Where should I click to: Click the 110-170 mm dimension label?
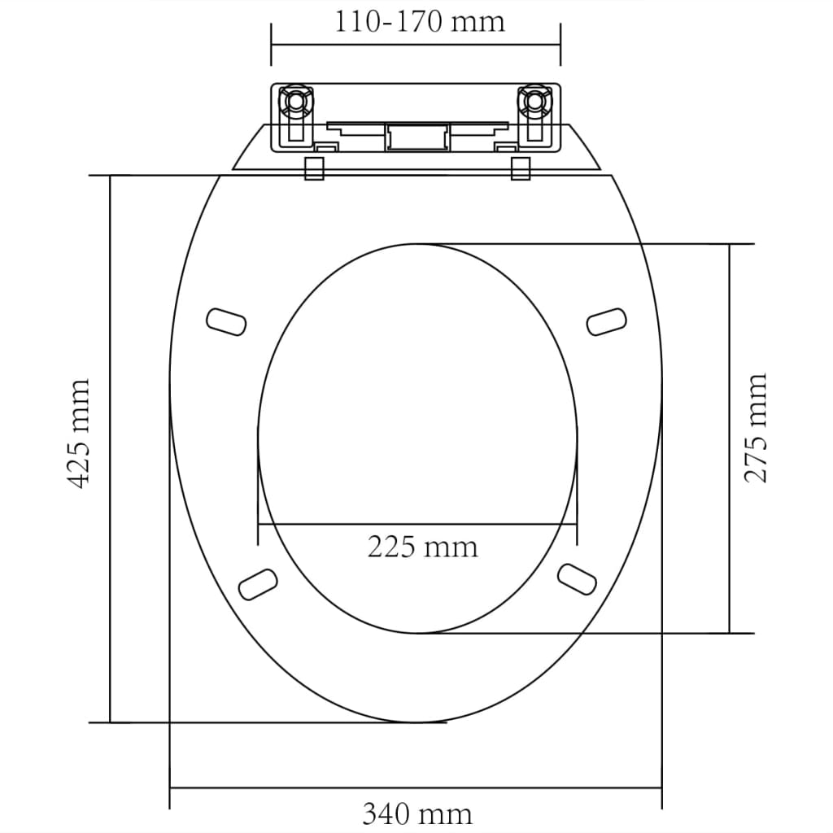(x=420, y=21)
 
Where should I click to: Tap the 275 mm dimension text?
(x=757, y=428)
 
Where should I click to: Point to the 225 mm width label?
(x=422, y=547)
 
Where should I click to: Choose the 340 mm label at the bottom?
(x=416, y=813)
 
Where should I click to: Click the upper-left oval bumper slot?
(x=226, y=321)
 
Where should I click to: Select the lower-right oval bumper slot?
(x=578, y=577)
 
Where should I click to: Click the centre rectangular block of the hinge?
(x=416, y=136)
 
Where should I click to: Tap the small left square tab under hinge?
(x=314, y=168)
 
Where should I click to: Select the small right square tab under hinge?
(x=521, y=168)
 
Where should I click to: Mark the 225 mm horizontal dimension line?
(x=325, y=524)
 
